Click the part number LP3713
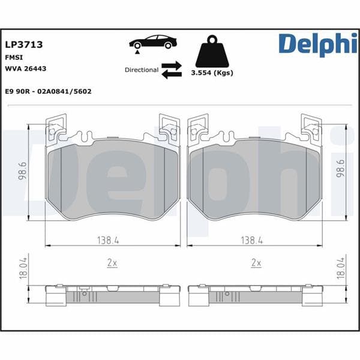click(x=23, y=44)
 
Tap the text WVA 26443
click(x=26, y=69)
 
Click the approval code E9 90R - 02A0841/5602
click(x=48, y=91)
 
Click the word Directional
click(x=142, y=70)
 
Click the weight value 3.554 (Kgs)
click(x=212, y=73)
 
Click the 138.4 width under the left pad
click(x=109, y=240)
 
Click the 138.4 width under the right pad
click(x=252, y=240)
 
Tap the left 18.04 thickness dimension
click(x=23, y=268)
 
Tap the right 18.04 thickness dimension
click(x=340, y=268)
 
